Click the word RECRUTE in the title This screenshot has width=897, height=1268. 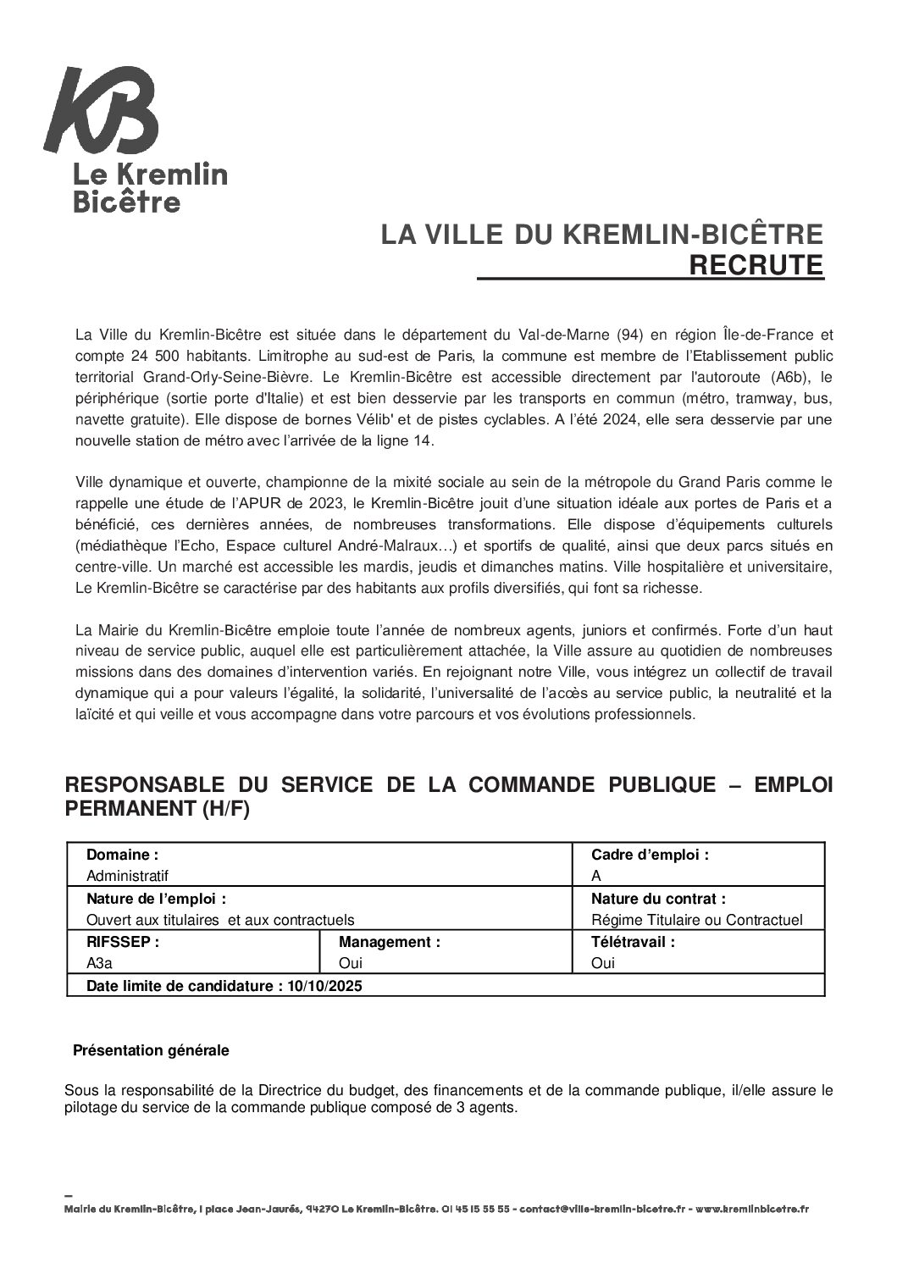coord(756,265)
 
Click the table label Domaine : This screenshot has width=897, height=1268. coord(122,855)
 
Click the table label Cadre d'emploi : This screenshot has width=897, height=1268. coord(650,855)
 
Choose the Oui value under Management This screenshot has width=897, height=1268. coord(351,963)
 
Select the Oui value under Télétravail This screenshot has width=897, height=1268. coord(603,963)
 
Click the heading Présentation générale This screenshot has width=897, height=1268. coord(151,1050)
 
